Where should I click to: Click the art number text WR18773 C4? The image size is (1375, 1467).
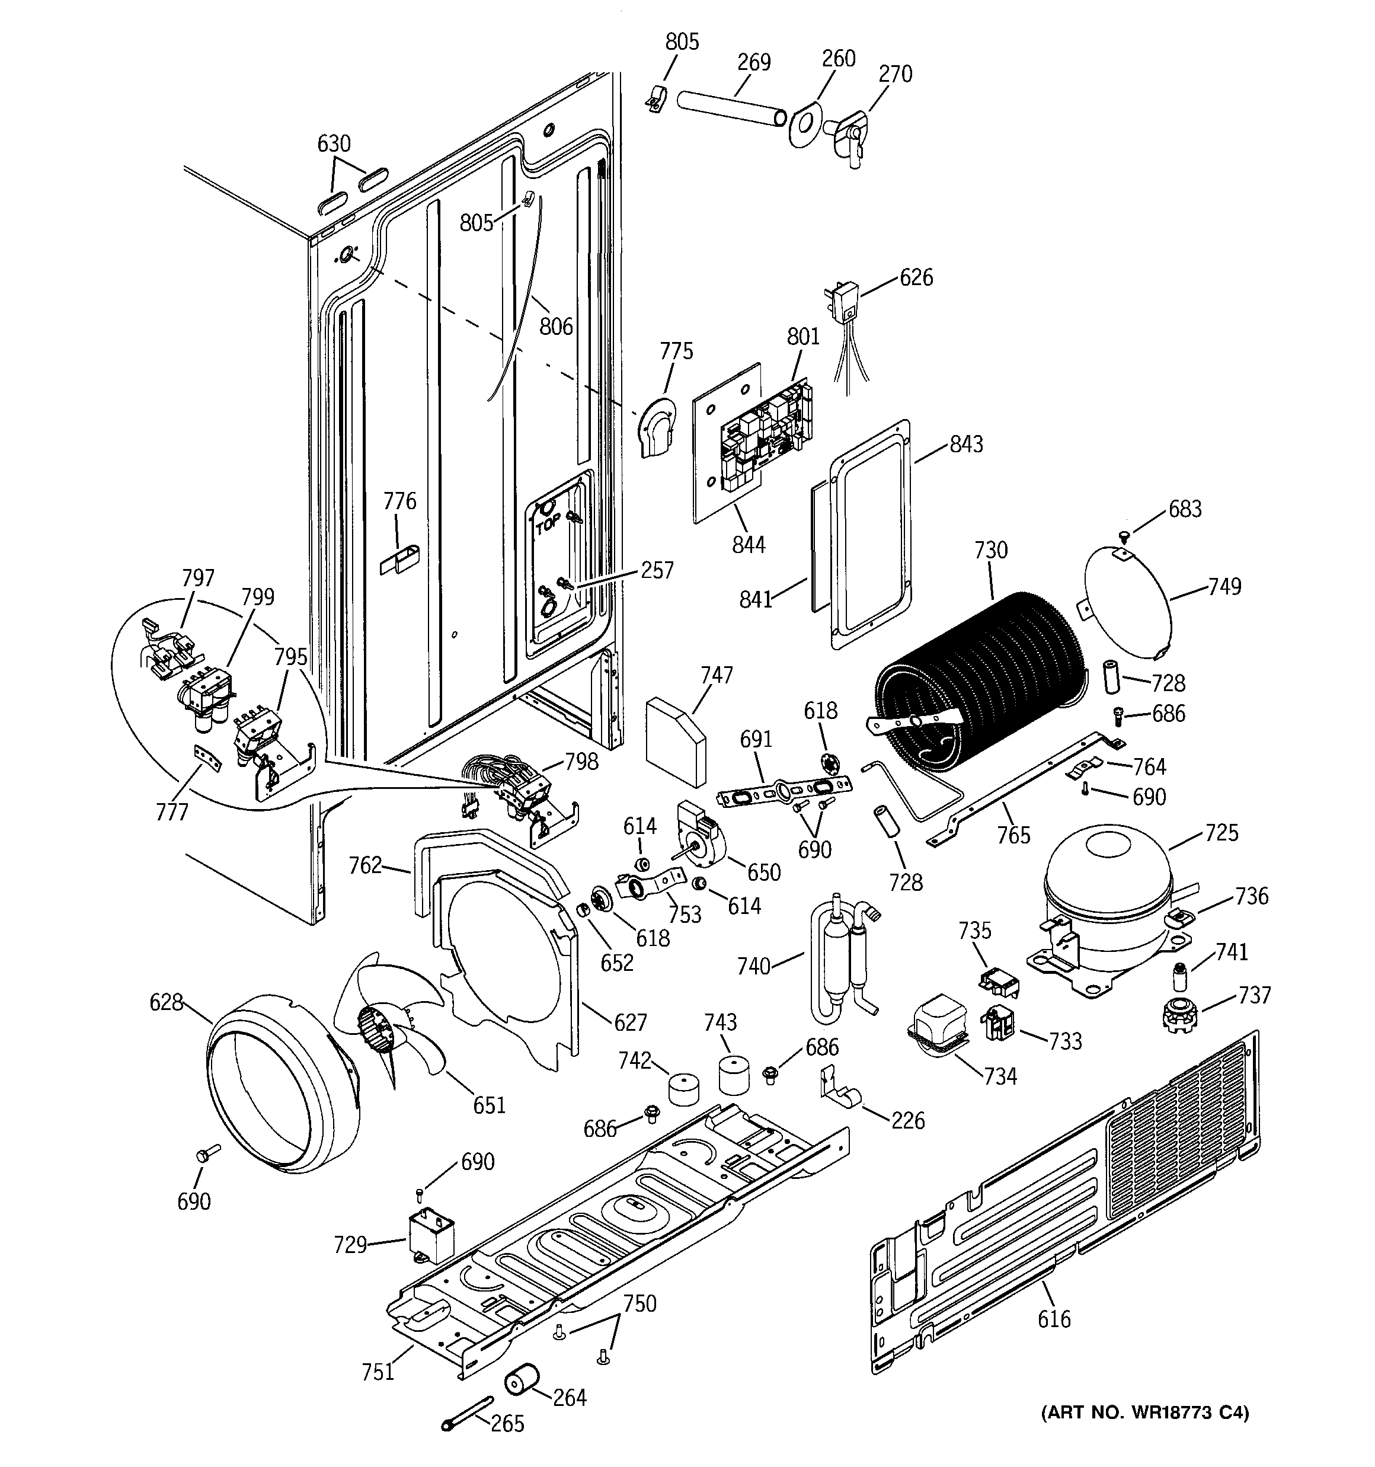[x=1144, y=1412]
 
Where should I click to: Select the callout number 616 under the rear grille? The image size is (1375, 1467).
[x=1053, y=1319]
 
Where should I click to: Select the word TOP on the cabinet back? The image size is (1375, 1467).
[x=548, y=527]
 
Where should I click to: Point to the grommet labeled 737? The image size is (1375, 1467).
[x=1177, y=1015]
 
